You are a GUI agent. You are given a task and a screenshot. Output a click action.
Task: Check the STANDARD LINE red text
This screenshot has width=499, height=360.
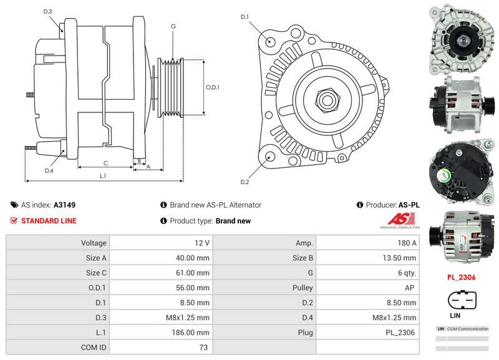click(49, 221)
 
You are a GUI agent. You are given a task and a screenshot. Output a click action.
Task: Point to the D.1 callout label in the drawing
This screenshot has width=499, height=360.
click(245, 16)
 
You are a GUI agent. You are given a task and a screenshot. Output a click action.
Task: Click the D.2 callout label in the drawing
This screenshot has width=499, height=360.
click(245, 182)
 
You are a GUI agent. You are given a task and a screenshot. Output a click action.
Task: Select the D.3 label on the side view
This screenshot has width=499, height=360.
click(48, 12)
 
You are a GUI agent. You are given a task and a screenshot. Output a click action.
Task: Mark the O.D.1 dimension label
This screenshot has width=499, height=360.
click(213, 87)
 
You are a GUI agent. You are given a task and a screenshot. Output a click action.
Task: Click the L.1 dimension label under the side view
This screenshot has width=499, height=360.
click(104, 177)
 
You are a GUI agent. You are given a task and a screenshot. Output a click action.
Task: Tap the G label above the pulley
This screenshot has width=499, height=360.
click(173, 27)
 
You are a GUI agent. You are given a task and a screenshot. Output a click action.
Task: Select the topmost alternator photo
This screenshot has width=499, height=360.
click(462, 39)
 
